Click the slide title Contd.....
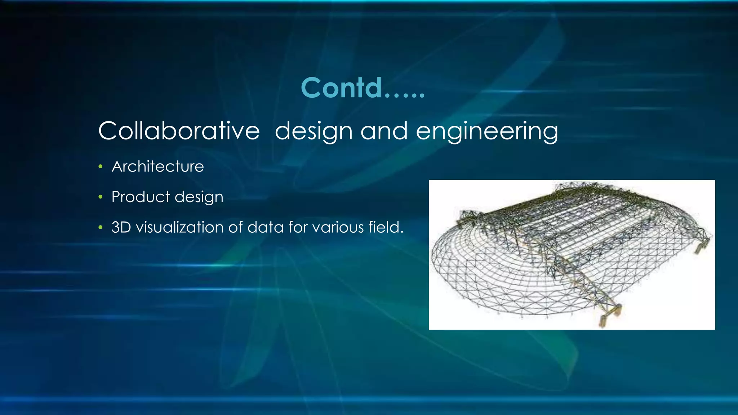363,88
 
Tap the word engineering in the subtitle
487,131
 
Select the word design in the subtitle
313,131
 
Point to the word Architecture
158,166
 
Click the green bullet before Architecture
101,167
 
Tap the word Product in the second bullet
141,197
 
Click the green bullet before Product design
101,197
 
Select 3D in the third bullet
121,227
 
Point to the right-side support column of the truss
701,246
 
